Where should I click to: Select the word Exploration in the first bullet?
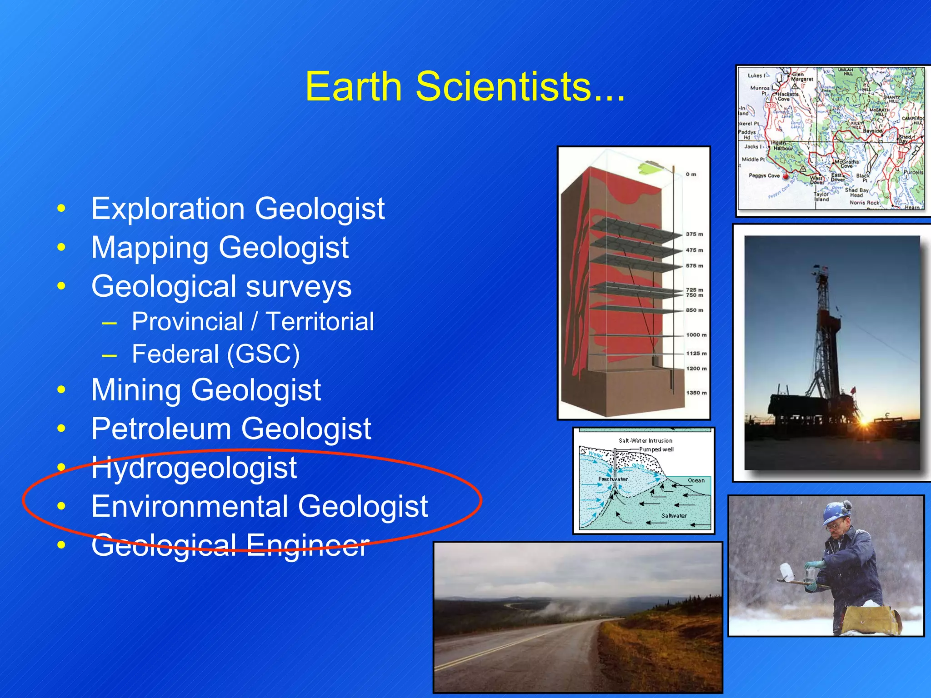pyautogui.click(x=168, y=209)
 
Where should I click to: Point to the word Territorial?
pyautogui.click(x=320, y=322)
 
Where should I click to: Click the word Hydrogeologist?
pyautogui.click(x=194, y=468)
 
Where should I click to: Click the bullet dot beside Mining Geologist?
pyautogui.click(x=61, y=390)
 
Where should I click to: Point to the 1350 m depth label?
pyautogui.click(x=696, y=393)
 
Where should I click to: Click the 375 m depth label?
pyautogui.click(x=694, y=234)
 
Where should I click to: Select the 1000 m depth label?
pyautogui.click(x=696, y=335)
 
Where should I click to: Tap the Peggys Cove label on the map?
pyautogui.click(x=764, y=175)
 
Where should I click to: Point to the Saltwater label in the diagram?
pyautogui.click(x=674, y=516)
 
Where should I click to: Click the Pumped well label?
pyautogui.click(x=656, y=449)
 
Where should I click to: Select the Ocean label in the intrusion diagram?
pyautogui.click(x=696, y=480)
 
